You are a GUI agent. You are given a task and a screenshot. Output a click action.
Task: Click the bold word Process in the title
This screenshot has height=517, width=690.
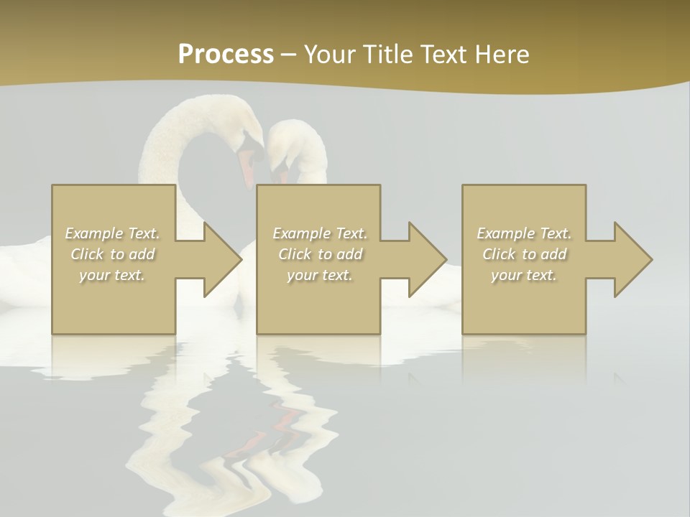coord(226,55)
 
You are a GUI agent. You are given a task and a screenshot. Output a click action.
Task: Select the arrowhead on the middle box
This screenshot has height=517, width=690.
coord(426,259)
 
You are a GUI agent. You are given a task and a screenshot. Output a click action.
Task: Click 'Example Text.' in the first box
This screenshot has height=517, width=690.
coord(112,233)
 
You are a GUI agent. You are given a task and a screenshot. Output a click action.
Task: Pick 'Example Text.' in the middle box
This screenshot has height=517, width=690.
coord(320,233)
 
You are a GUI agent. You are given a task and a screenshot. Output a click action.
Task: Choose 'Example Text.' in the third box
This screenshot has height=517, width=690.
coord(524,233)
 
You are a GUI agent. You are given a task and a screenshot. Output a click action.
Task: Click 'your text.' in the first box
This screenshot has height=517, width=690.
coord(112,275)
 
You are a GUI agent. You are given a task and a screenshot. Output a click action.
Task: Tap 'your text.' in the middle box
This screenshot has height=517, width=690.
coord(320,275)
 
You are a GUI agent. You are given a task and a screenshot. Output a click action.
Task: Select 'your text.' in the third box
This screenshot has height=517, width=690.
coord(524,275)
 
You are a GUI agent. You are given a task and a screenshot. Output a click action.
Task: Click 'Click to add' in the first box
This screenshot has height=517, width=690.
coord(112,254)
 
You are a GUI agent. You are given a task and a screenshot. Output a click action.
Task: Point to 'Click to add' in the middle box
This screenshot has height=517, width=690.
coord(320,254)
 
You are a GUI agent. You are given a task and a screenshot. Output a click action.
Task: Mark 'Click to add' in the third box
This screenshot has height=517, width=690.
coord(524,254)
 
